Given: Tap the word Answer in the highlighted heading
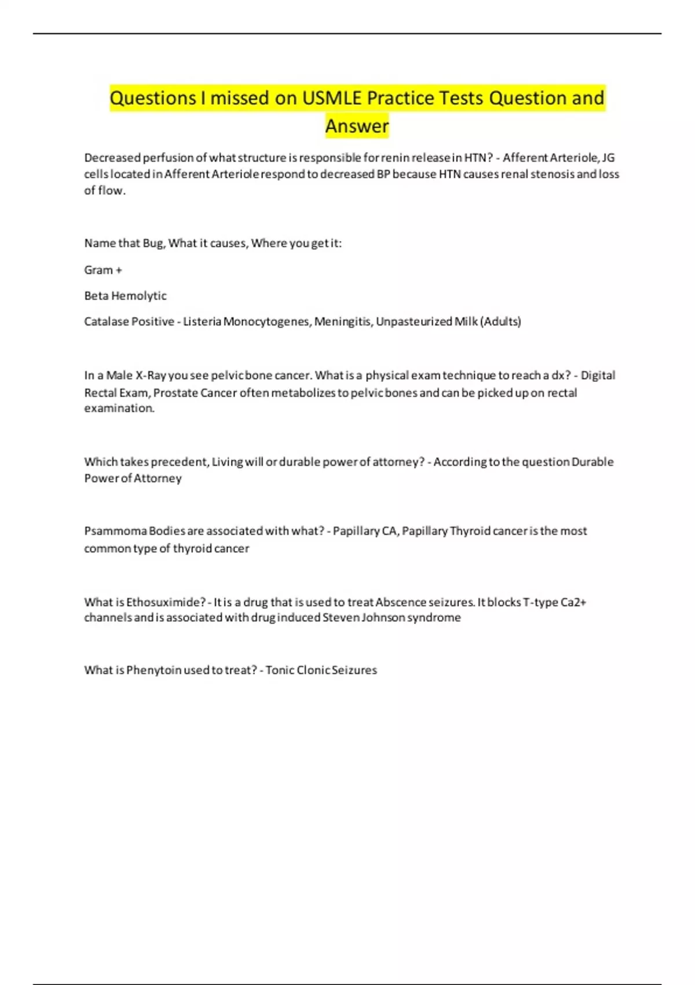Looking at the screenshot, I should tap(357, 126).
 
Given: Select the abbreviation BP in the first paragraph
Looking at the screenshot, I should tap(383, 174).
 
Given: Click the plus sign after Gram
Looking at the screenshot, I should tap(119, 270).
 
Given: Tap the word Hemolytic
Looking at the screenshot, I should tap(138, 295).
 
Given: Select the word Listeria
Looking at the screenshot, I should tap(202, 322).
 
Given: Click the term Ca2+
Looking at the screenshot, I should tap(573, 602).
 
